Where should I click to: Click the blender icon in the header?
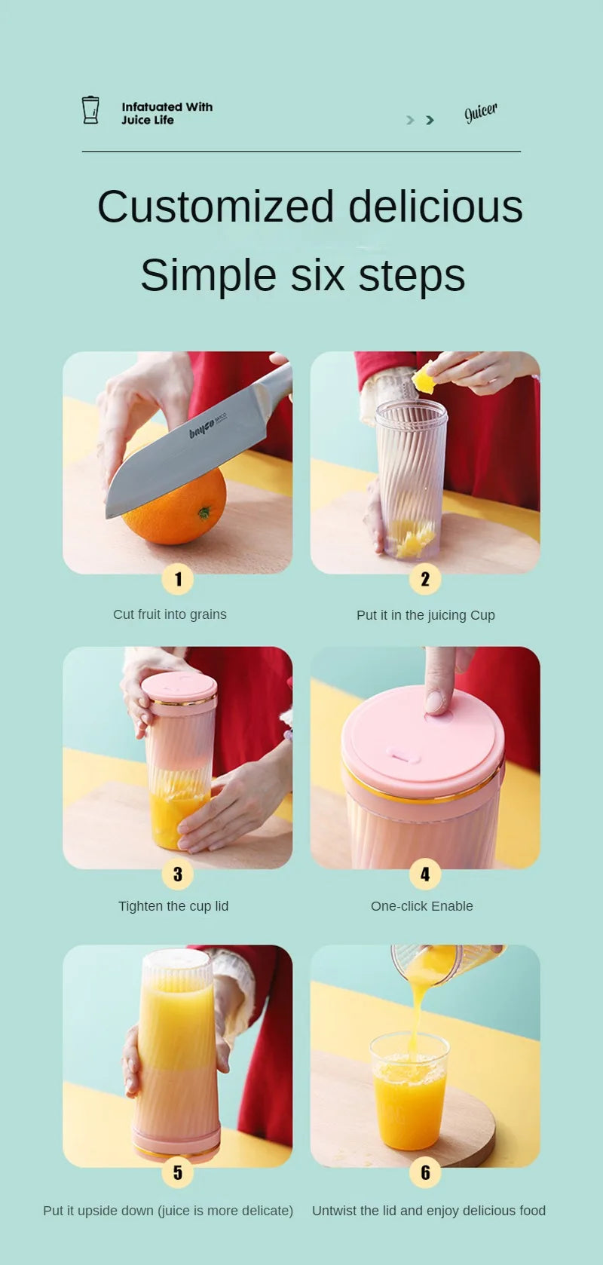tap(90, 110)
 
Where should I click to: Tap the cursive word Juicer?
tap(480, 112)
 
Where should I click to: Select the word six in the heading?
tap(317, 275)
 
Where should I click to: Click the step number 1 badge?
tap(178, 579)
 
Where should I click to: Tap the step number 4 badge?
tap(425, 874)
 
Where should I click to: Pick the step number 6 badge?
tap(425, 1172)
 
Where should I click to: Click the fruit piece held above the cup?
tap(424, 380)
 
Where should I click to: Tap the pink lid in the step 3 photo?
tap(179, 688)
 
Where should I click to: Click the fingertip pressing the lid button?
tap(437, 701)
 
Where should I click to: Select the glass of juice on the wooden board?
tap(410, 1093)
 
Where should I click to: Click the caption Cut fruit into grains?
tap(170, 614)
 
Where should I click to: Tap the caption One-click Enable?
tap(421, 906)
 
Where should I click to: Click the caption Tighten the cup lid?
tap(173, 906)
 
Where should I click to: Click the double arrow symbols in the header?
tap(420, 120)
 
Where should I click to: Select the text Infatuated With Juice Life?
tap(167, 113)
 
